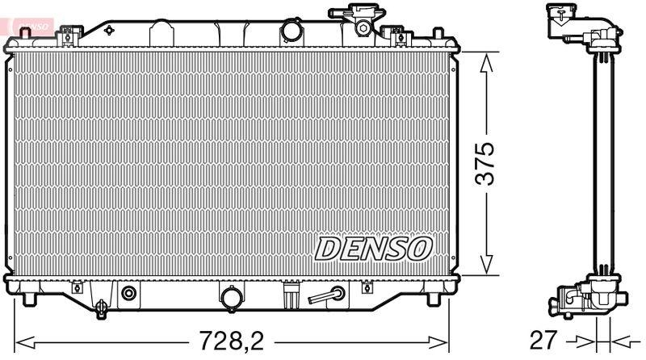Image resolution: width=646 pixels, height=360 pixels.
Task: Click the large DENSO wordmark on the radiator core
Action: point(373,249)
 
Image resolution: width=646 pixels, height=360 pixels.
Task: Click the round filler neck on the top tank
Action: point(291,31)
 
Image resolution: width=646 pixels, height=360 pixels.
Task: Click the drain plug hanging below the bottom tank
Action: point(101,308)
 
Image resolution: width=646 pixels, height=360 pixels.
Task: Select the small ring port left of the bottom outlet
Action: point(127,293)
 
